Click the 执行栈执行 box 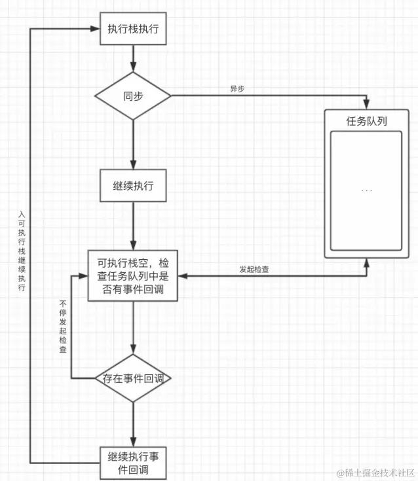click(x=133, y=29)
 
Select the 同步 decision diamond click(x=133, y=96)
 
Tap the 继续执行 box click(x=133, y=186)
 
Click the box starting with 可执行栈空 click(x=133, y=275)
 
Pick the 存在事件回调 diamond click(x=133, y=378)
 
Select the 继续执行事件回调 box click(x=133, y=463)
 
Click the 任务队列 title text click(x=366, y=121)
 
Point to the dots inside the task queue click(x=366, y=190)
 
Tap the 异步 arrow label click(x=237, y=89)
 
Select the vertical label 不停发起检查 click(x=63, y=327)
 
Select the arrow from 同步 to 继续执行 click(x=133, y=144)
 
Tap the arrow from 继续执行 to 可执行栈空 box click(x=133, y=226)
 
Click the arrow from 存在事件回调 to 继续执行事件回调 click(x=133, y=421)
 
